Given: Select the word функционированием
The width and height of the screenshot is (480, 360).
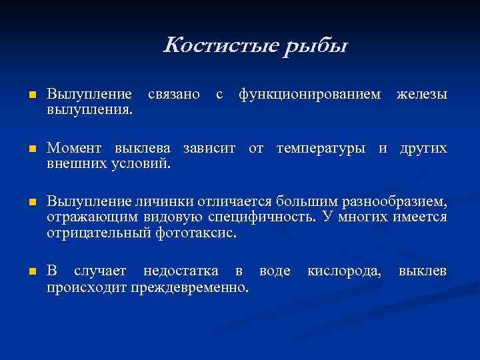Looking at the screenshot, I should pos(311,95).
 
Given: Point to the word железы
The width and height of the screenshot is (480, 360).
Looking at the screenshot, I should pos(421,95).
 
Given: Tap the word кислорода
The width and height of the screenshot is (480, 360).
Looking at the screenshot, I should pos(344,271).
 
